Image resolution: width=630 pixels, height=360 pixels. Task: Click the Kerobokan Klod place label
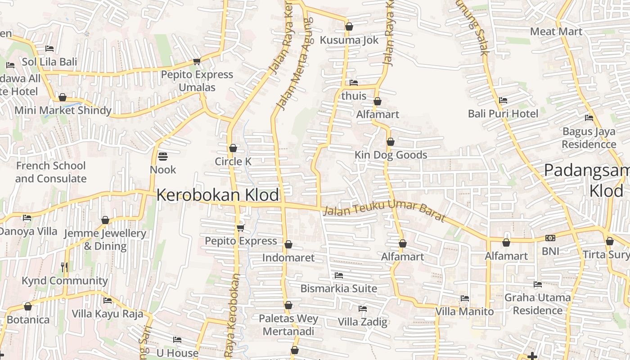[218, 195]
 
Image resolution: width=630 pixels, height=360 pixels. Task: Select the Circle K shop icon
[233, 148]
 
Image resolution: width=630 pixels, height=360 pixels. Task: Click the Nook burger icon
[163, 157]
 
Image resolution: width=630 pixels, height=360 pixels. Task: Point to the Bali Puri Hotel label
[503, 113]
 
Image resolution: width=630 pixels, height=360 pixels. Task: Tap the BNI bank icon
[550, 238]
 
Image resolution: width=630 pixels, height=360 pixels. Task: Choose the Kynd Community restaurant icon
[64, 267]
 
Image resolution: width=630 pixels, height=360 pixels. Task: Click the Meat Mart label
[556, 31]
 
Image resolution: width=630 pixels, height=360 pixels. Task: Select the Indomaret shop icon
[288, 244]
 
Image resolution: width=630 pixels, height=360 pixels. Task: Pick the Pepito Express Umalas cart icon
[197, 61]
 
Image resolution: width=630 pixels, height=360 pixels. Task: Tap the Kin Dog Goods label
[391, 155]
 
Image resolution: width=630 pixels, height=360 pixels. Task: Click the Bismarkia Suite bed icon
[339, 275]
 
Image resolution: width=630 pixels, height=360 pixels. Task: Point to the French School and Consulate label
[51, 172]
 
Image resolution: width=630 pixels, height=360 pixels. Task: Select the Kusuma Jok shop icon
[349, 27]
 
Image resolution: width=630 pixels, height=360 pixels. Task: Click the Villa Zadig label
[362, 322]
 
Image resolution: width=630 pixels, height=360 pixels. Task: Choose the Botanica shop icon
[28, 306]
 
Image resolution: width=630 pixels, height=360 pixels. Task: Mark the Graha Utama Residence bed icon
[537, 284]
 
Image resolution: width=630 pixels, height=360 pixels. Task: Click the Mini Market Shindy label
[63, 110]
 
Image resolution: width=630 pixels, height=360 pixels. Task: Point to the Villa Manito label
[464, 311]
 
